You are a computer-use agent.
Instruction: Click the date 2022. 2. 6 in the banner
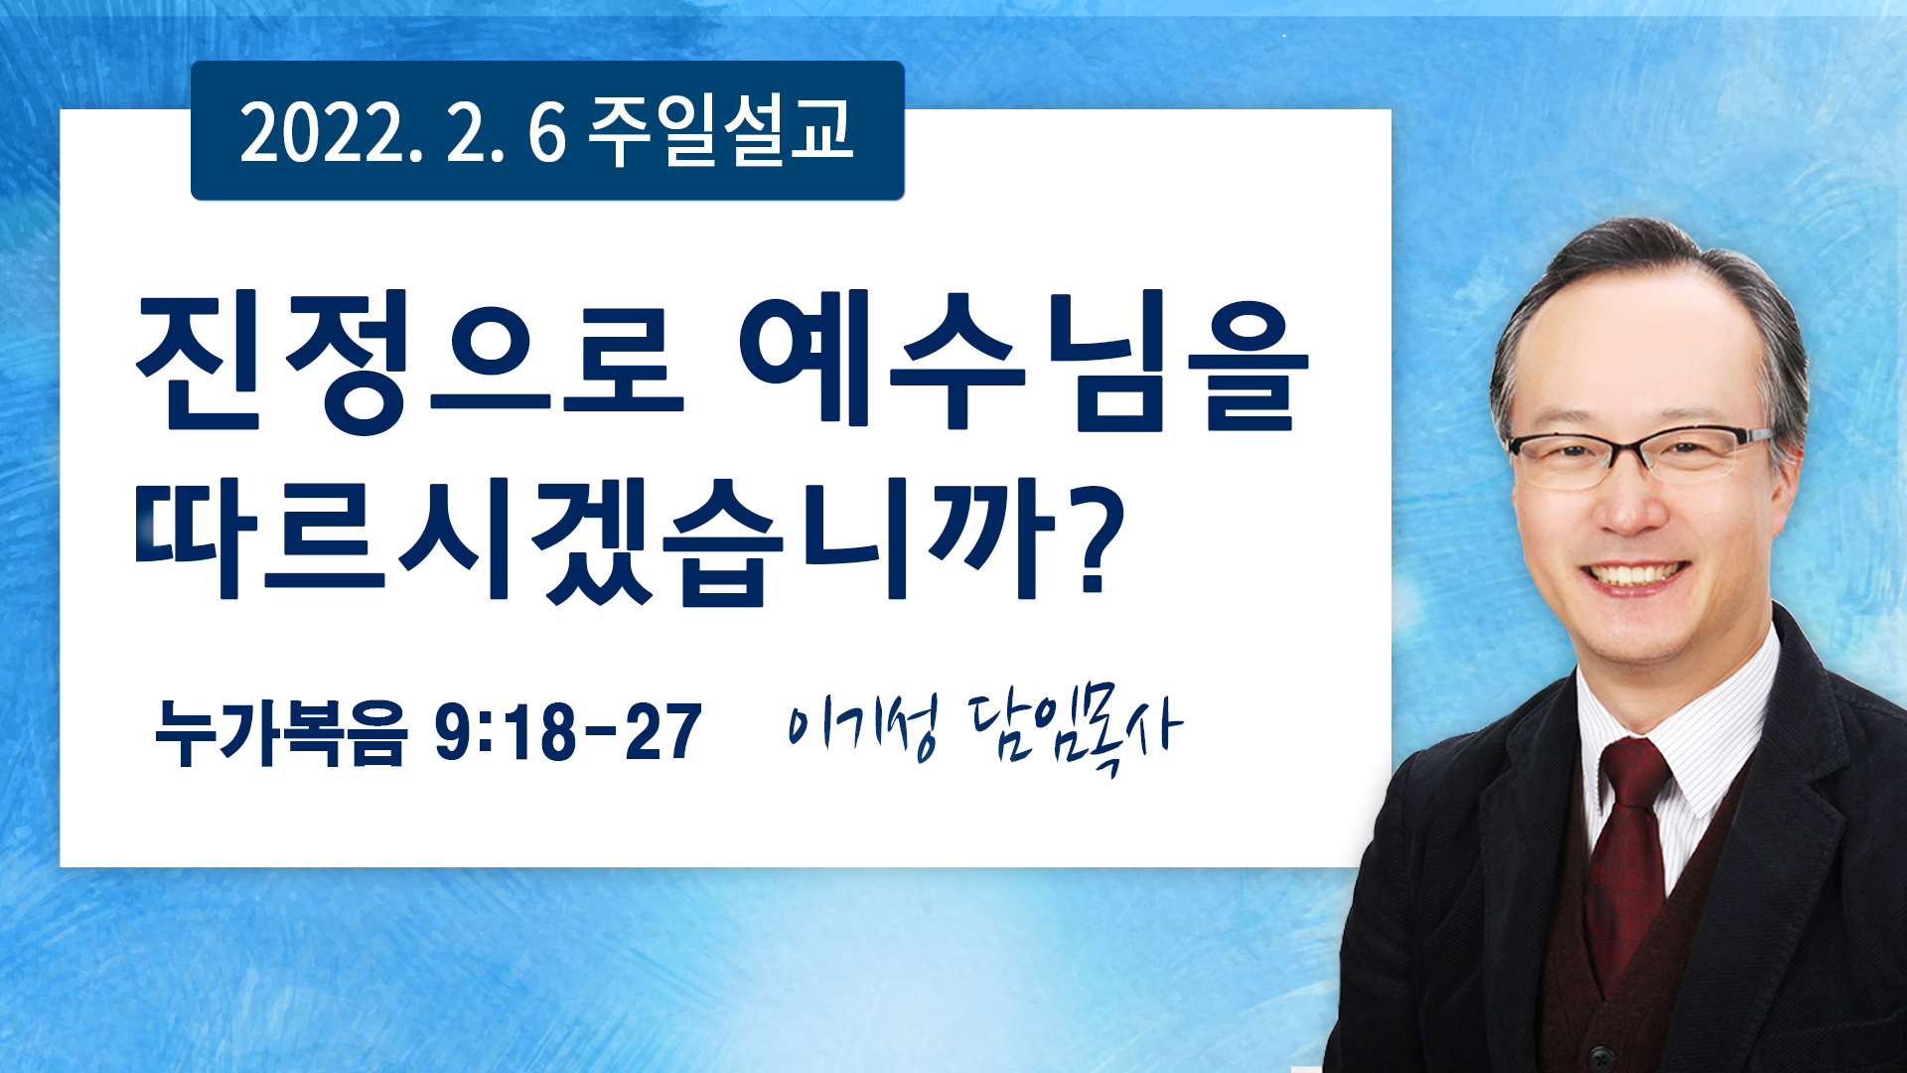point(402,132)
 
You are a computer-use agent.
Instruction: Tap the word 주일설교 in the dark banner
point(721,131)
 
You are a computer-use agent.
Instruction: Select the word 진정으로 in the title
point(410,362)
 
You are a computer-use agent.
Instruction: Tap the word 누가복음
point(281,733)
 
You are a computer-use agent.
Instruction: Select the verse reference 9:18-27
point(568,733)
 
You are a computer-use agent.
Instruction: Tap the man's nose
point(1628,508)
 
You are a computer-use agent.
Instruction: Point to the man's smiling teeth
point(1634,574)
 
